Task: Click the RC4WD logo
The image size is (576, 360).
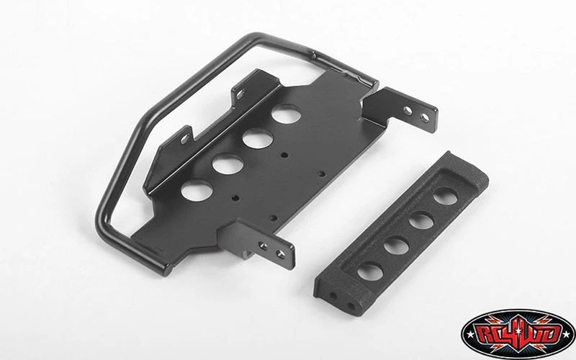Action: click(518, 334)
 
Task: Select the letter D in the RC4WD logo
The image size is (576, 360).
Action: click(551, 334)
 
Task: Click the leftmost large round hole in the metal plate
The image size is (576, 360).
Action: click(197, 189)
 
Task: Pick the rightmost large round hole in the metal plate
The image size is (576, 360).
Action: click(287, 114)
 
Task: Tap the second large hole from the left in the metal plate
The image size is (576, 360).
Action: click(228, 163)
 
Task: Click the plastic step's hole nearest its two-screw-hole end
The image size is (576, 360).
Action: click(370, 272)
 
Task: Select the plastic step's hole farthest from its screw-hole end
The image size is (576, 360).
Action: click(445, 196)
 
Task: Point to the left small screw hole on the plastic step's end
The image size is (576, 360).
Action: click(333, 296)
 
